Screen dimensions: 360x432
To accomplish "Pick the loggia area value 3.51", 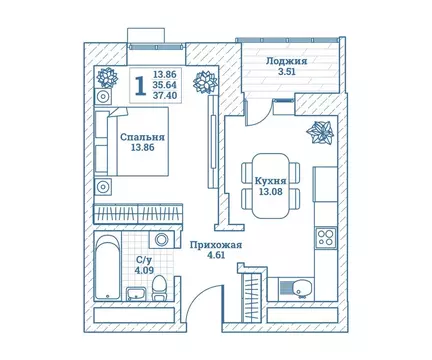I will (286, 73).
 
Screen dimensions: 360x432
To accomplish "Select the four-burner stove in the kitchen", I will (325, 239).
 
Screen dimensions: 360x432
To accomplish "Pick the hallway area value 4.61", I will (206, 256).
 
